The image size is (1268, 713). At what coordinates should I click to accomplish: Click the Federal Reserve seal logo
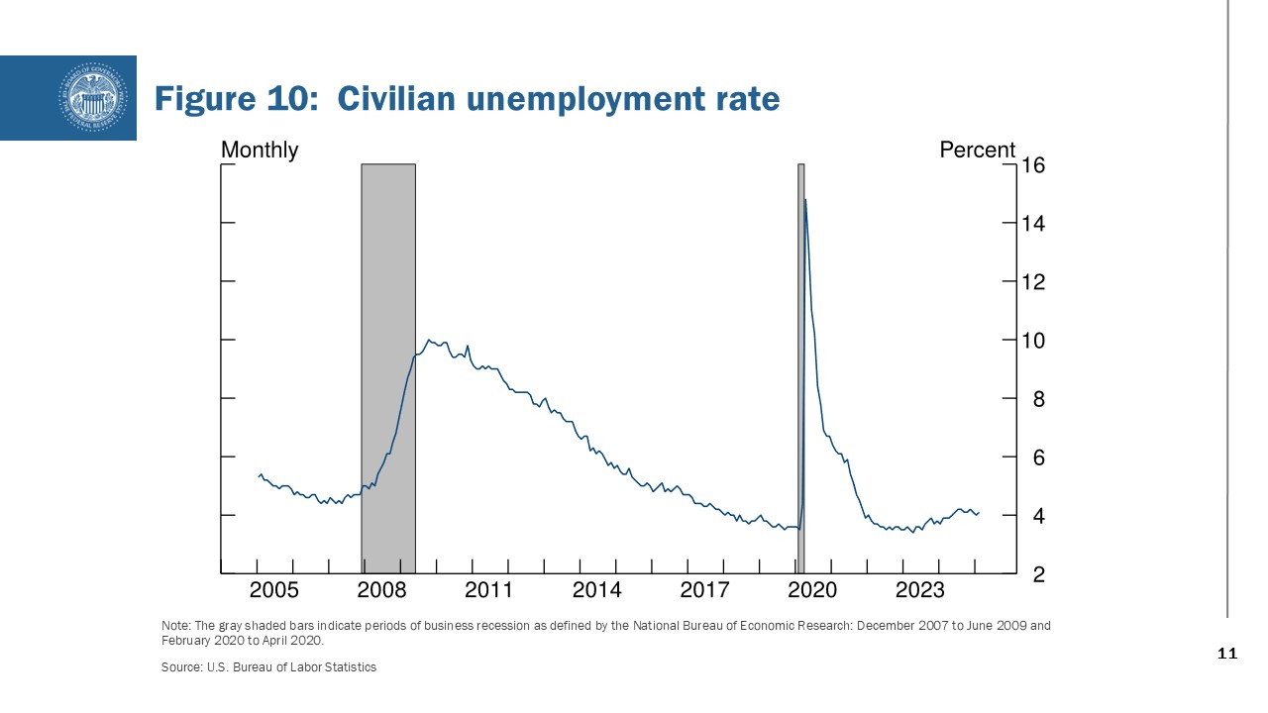click(x=94, y=97)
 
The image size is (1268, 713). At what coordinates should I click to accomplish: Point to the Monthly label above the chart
click(x=260, y=150)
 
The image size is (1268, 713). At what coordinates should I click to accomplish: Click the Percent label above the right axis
click(x=977, y=150)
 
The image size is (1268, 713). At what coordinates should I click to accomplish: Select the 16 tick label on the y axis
click(x=1034, y=165)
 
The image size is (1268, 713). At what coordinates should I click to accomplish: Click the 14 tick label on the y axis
click(x=1034, y=224)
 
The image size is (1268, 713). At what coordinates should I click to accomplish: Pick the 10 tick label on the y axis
click(x=1034, y=341)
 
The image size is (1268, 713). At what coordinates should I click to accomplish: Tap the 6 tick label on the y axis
click(x=1039, y=458)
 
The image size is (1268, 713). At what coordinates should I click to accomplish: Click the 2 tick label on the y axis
click(x=1039, y=574)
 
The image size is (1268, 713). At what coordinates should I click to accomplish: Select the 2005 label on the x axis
click(x=273, y=591)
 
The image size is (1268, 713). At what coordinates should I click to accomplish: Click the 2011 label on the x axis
click(x=488, y=591)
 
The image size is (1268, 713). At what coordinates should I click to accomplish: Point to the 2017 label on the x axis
click(x=704, y=591)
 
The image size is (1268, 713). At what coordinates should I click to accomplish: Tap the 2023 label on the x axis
click(x=920, y=591)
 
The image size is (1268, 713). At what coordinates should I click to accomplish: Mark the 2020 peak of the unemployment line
click(x=804, y=200)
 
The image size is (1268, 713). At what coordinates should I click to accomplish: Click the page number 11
click(x=1226, y=655)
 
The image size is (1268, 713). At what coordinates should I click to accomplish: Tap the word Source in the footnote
click(x=179, y=667)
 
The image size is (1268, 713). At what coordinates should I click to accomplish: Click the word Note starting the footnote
click(x=173, y=626)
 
